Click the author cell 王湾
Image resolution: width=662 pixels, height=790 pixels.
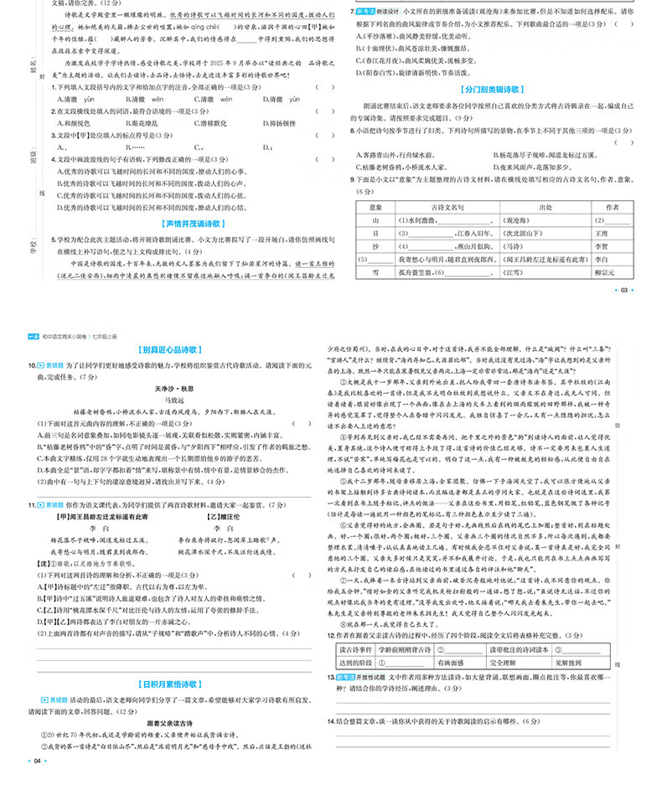click(x=600, y=234)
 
